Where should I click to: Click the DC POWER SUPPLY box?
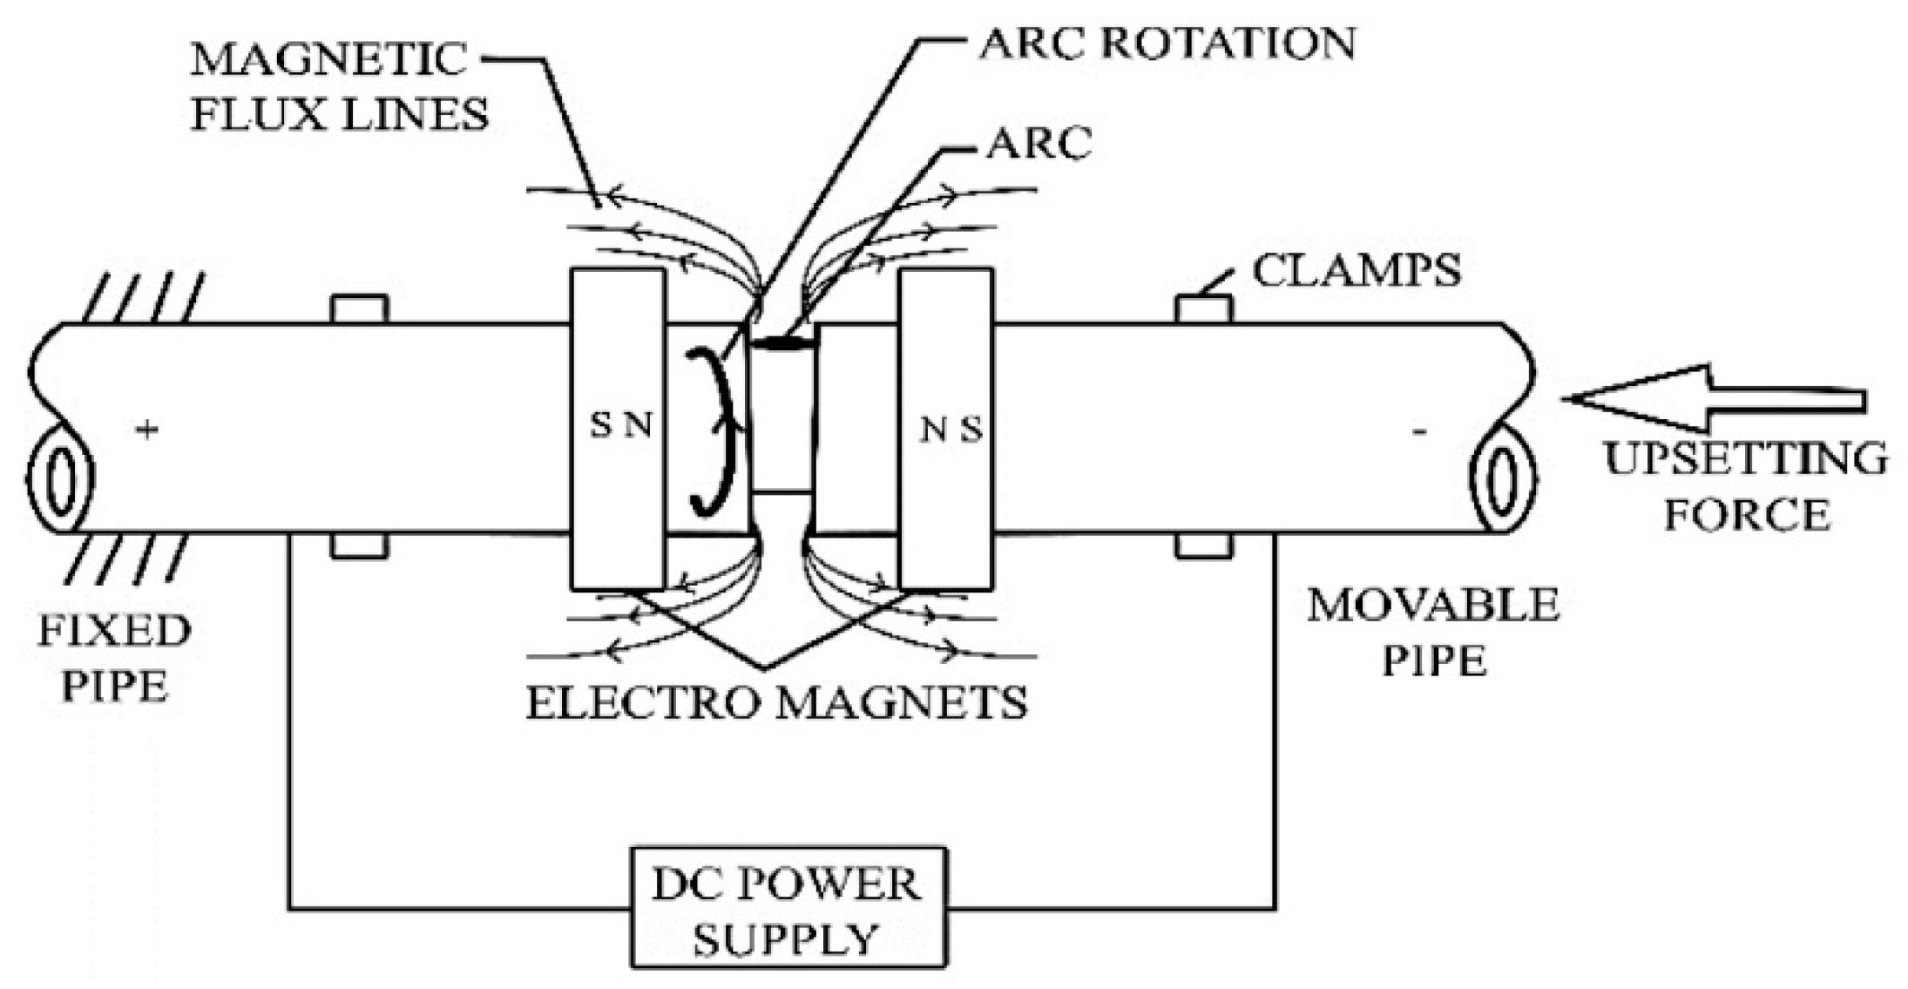[x=788, y=907]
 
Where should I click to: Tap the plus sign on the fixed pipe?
[x=147, y=429]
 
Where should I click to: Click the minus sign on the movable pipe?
[x=1419, y=431]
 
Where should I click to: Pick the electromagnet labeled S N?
[x=619, y=428]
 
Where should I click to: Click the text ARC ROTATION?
[x=1167, y=44]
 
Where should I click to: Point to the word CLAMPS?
[x=1357, y=271]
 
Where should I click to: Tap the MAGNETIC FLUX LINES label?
[x=340, y=87]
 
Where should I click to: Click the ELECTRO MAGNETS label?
[x=776, y=702]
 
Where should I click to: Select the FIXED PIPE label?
[x=113, y=658]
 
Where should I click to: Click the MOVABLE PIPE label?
[x=1433, y=633]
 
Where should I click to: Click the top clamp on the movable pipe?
[x=1204, y=309]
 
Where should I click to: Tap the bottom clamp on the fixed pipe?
[x=360, y=546]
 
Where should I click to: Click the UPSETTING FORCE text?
[x=1746, y=486]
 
